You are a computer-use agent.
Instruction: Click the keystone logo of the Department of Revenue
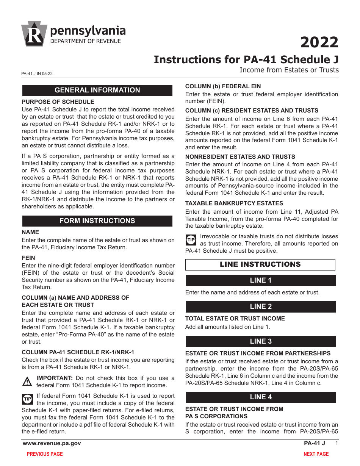pyautogui.click(x=34, y=34)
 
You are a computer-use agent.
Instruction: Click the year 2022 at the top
pyautogui.click(x=319, y=42)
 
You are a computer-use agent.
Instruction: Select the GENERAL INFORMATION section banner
pyautogui.click(x=97, y=90)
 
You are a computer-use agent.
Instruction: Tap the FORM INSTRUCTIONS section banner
pyautogui.click(x=97, y=221)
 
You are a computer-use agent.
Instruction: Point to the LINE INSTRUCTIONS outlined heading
pyautogui.click(x=260, y=264)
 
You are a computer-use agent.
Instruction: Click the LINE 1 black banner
pyautogui.click(x=261, y=280)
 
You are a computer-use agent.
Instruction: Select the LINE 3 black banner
pyautogui.click(x=261, y=341)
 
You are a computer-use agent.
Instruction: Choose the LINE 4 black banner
pyautogui.click(x=261, y=397)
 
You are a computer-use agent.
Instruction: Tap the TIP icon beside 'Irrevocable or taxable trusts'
pyautogui.click(x=190, y=240)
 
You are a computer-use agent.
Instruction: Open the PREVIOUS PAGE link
pyautogui.click(x=45, y=454)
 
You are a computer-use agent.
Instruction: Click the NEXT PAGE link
pyautogui.click(x=316, y=454)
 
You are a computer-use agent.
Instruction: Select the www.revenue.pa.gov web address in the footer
pyautogui.click(x=52, y=443)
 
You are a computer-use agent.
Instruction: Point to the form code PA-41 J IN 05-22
pyautogui.click(x=37, y=74)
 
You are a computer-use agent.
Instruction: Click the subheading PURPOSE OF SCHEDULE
pyautogui.click(x=58, y=102)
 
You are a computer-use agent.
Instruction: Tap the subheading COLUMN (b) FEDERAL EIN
pyautogui.click(x=223, y=86)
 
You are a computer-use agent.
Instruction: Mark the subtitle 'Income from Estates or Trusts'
pyautogui.click(x=289, y=70)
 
